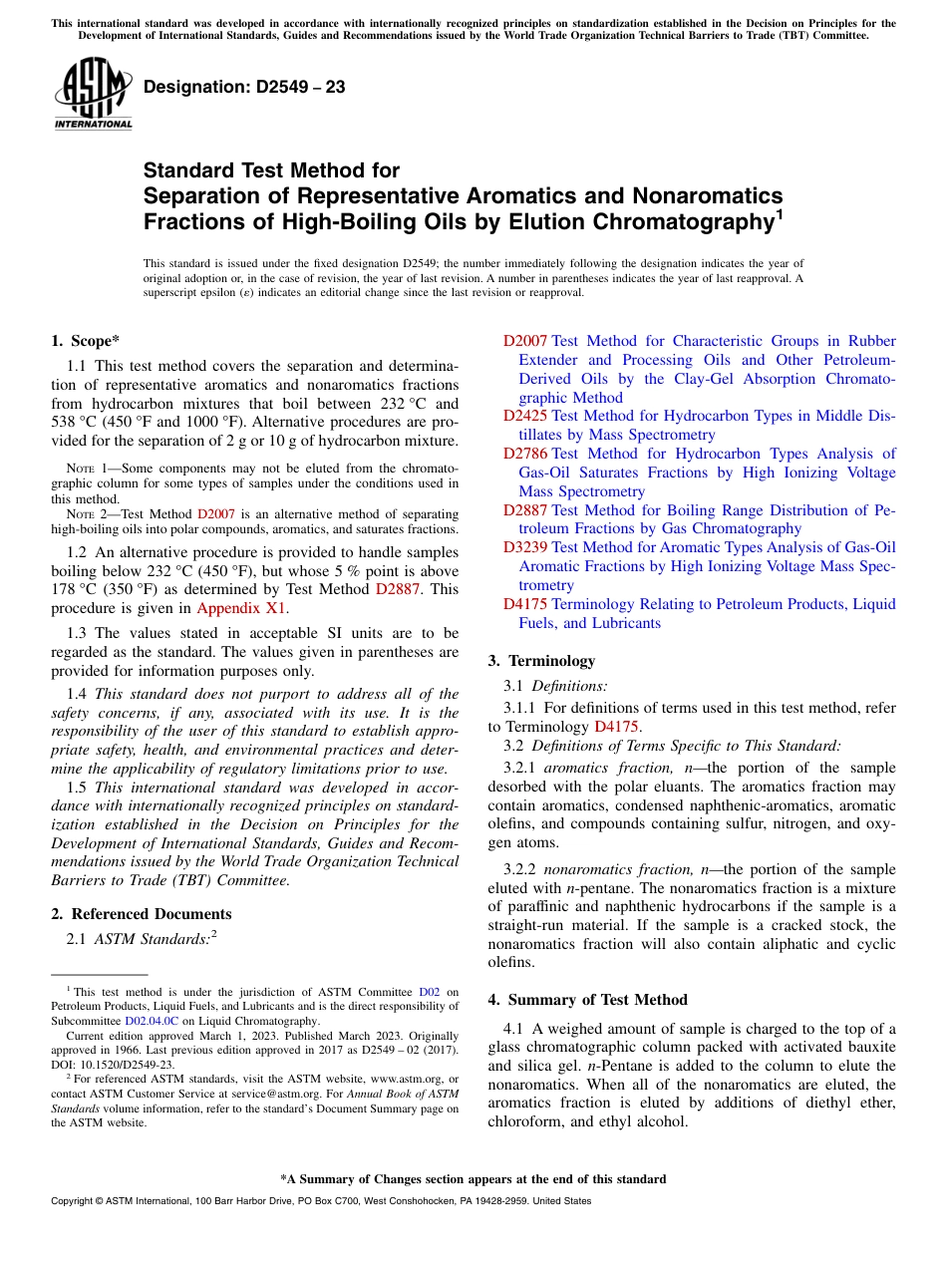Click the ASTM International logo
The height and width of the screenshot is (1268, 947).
tap(93, 93)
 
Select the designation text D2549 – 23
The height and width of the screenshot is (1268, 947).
tap(244, 87)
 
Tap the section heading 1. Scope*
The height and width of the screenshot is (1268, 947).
tap(86, 341)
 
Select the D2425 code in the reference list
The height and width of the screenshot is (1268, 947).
tap(524, 417)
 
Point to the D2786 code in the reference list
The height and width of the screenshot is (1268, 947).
tap(524, 455)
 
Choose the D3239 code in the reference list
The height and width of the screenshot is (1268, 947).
tap(524, 547)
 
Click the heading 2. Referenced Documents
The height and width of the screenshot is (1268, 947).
tap(142, 914)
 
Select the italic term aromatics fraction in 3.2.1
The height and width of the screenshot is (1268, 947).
tap(606, 768)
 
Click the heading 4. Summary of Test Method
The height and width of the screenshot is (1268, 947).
tap(598, 1000)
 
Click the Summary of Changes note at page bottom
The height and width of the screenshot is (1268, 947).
tap(473, 1179)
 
